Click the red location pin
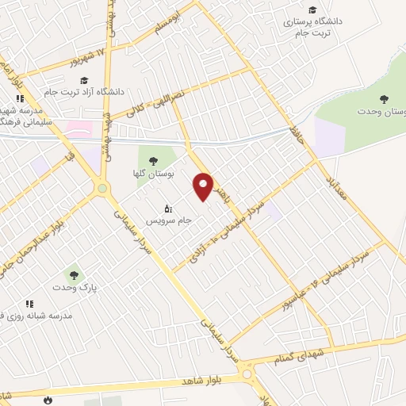[x=204, y=186]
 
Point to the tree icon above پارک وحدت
[x=74, y=275]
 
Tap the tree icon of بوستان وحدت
[x=385, y=99]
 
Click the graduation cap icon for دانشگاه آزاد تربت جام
[x=84, y=79]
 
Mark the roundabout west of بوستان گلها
[x=101, y=188]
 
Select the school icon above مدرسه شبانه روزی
[x=29, y=304]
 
